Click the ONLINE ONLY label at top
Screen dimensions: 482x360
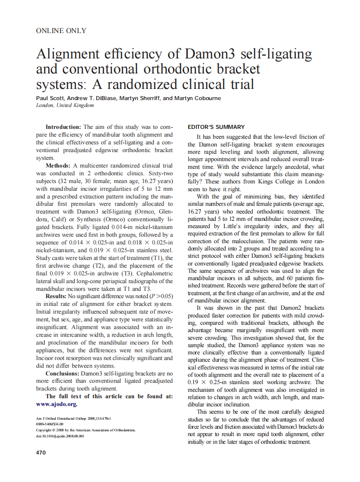61,31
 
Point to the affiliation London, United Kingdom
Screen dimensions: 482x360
65,106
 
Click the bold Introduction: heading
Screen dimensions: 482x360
63,127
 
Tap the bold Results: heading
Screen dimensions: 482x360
58,296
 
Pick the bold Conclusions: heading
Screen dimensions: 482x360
63,373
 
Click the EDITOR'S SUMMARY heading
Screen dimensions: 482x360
217,127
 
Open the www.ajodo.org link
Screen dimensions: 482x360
57,404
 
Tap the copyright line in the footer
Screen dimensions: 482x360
85,430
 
